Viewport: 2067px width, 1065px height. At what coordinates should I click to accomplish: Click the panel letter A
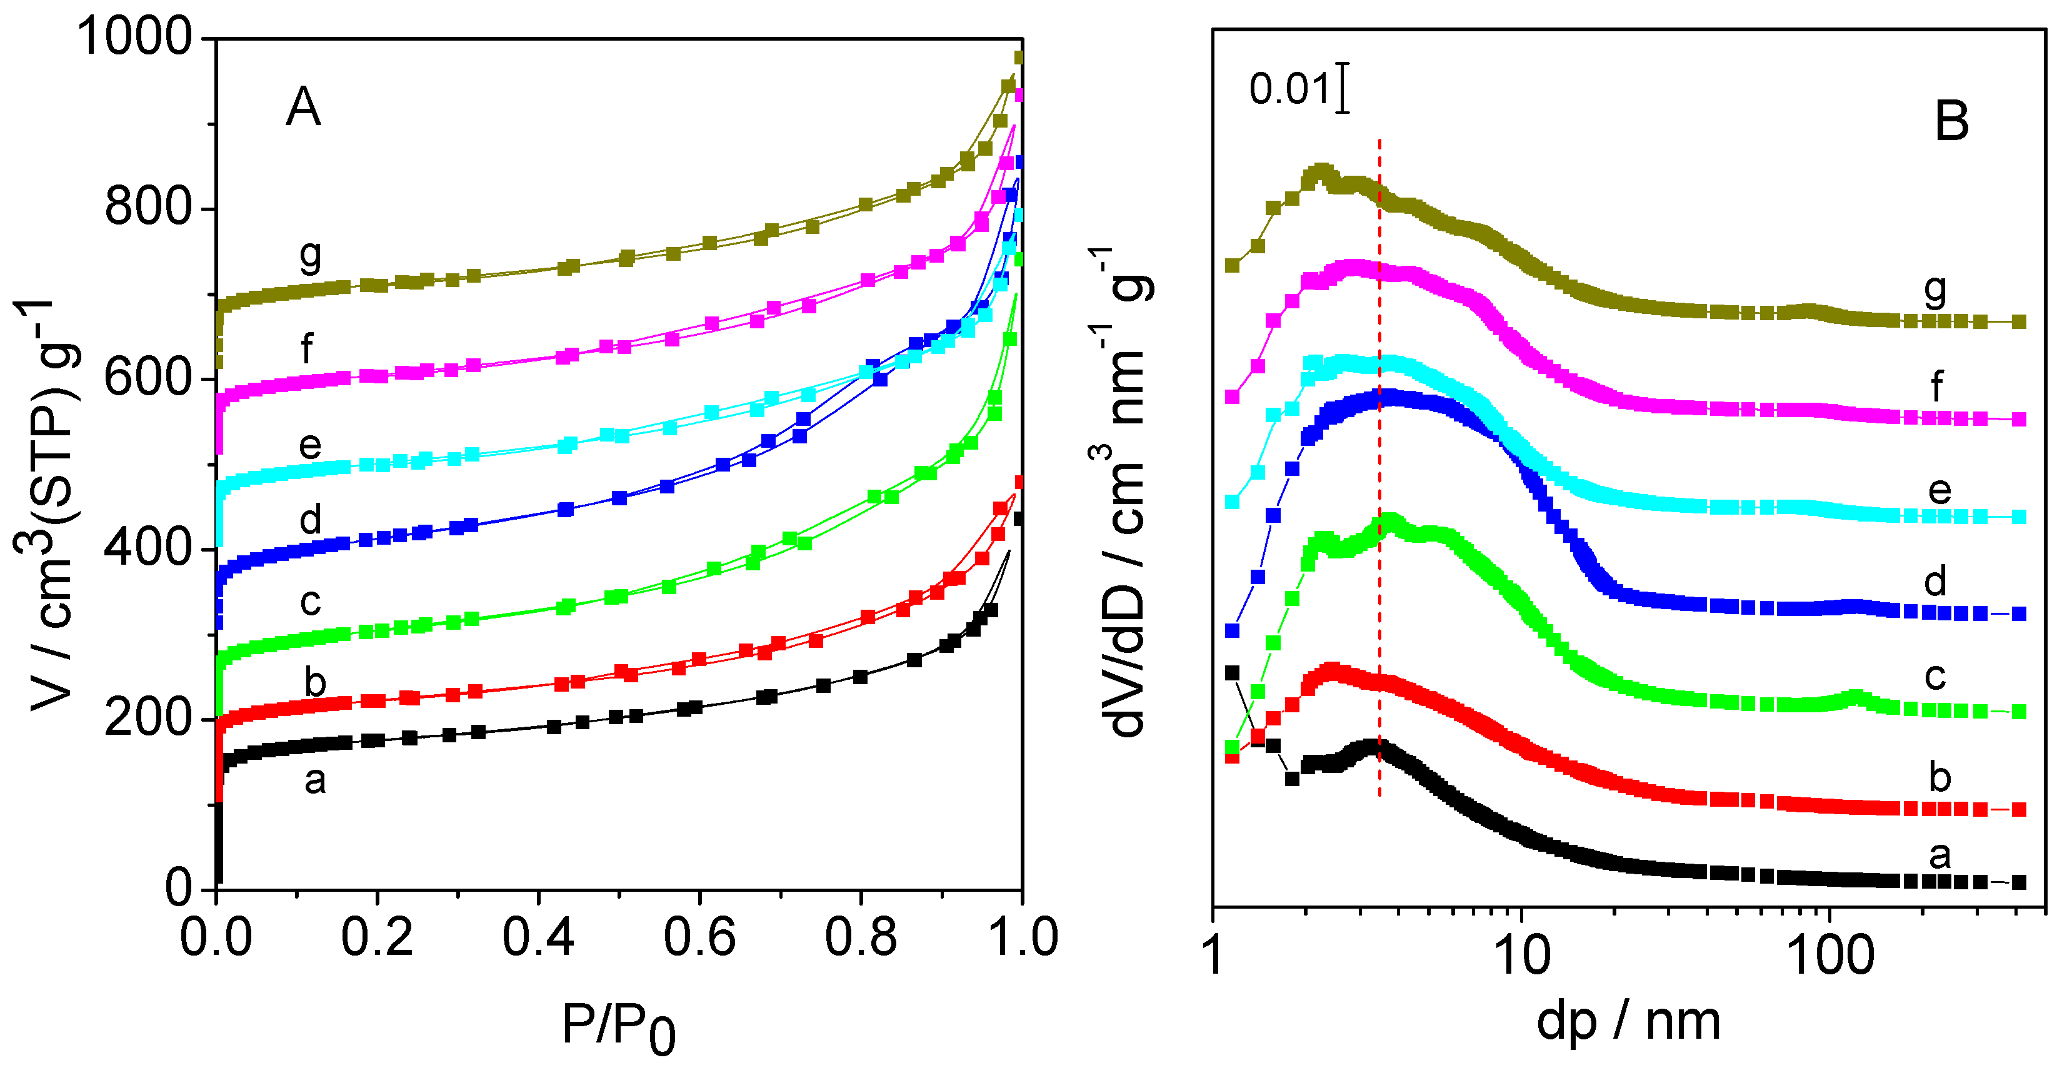point(303,108)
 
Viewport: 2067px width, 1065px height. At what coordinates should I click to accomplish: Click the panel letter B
point(1951,122)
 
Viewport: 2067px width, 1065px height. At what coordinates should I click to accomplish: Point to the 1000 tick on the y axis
point(135,37)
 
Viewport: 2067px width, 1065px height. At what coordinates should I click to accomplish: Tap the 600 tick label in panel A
point(148,378)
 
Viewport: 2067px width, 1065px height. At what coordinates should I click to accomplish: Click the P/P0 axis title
point(618,1027)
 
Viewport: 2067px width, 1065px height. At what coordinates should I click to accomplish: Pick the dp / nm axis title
point(1628,1022)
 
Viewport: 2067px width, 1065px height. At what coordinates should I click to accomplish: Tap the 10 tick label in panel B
point(1521,955)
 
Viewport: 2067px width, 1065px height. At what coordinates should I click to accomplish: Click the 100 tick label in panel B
point(1830,955)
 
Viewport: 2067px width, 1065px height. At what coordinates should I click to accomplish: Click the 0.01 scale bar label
point(1289,88)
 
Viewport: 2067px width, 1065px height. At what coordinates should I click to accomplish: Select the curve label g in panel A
point(311,255)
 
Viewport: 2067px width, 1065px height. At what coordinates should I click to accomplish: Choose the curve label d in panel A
point(311,520)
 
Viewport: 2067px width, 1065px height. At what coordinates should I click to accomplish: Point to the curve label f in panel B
point(1936,387)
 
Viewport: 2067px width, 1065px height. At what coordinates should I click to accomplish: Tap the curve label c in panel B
point(1934,677)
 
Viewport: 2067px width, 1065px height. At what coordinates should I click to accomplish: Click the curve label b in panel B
point(1939,777)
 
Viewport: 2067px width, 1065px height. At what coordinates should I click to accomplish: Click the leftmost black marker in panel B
point(1233,672)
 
